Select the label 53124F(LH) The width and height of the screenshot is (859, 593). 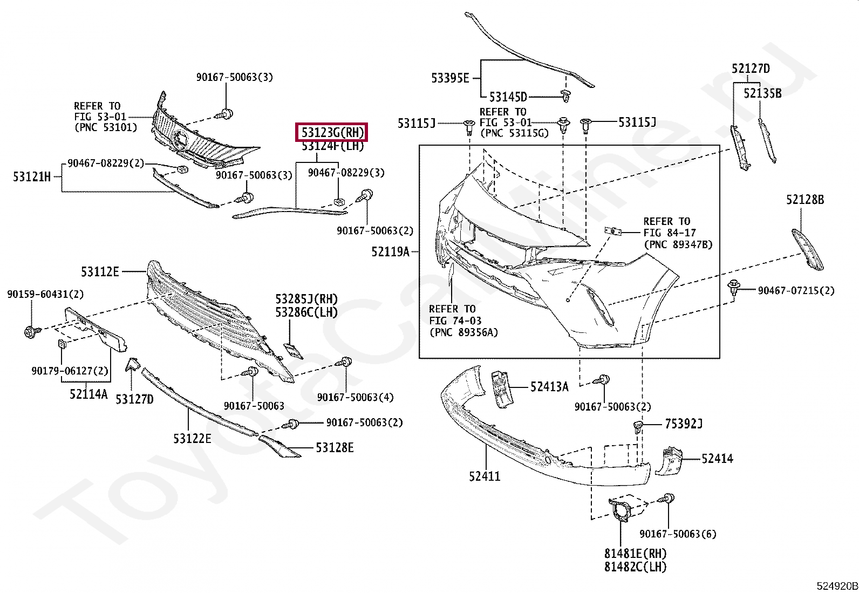coord(332,146)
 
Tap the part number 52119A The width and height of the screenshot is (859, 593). coord(390,251)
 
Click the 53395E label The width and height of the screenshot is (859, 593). coord(450,78)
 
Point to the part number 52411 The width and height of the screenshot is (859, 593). coord(484,476)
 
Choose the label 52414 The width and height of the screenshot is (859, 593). coord(717,459)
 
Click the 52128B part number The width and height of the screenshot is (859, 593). coord(805,200)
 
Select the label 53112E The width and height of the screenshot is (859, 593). coord(100,272)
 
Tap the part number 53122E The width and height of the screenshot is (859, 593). coord(192,439)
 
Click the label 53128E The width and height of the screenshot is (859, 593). coord(335,448)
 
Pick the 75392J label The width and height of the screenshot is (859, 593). coord(684,424)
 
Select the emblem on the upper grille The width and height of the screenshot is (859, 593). coord(180,140)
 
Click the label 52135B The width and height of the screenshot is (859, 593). coord(762,93)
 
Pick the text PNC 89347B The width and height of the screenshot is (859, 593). coord(678,244)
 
